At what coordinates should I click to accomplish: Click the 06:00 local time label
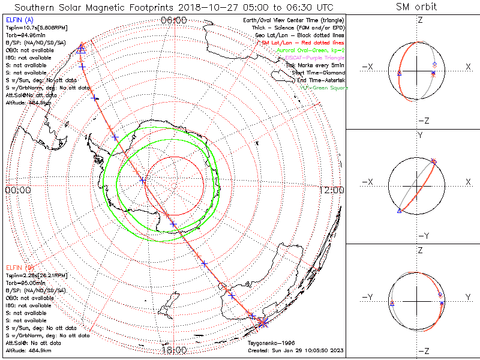(174, 20)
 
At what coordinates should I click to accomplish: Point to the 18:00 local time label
(174, 350)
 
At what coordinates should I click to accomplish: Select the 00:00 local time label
(17, 190)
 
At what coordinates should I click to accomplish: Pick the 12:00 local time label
(332, 190)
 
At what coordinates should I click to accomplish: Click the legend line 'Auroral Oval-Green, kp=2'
(310, 50)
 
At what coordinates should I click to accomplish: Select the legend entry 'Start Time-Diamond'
(318, 73)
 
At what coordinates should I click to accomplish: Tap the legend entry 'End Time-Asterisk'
(317, 80)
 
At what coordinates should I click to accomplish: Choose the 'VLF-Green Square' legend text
(323, 88)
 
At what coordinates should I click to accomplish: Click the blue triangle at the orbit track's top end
(82, 49)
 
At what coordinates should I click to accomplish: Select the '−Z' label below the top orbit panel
(423, 121)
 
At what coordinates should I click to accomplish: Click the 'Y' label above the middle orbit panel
(419, 136)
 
